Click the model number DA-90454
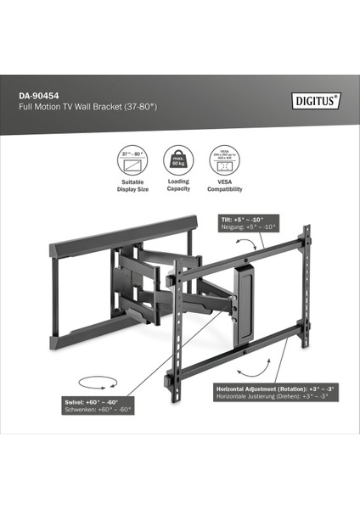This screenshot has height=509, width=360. (x=41, y=96)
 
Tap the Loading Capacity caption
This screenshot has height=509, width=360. (x=178, y=185)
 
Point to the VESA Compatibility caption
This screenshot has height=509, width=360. (x=224, y=185)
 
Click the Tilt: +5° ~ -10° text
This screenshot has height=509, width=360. (x=244, y=219)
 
